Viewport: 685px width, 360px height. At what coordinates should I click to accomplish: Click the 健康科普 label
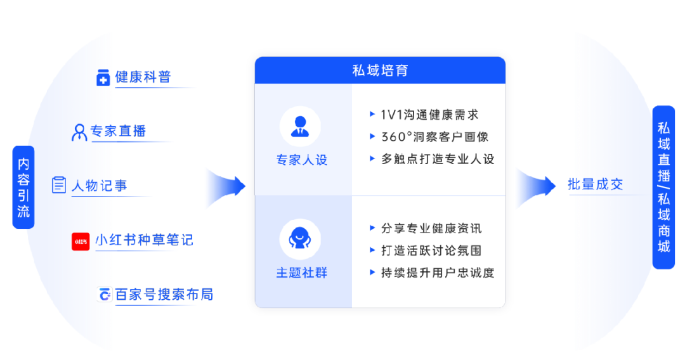coord(143,77)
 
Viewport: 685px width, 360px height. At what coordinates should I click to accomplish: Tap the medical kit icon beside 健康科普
coord(103,78)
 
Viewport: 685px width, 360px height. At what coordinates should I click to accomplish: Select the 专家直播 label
coord(118,131)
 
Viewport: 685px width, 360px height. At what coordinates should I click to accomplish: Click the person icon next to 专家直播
coord(79,132)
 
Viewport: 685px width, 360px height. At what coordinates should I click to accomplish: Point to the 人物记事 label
coord(99,186)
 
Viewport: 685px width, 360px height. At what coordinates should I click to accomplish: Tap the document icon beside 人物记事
coord(59,185)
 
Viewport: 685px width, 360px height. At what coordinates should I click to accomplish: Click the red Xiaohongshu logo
coord(81,241)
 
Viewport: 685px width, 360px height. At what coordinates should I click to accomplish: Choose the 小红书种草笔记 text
coord(144,240)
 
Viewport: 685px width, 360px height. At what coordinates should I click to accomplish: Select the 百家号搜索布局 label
coord(164,295)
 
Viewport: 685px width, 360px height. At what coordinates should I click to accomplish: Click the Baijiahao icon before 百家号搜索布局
coord(104,295)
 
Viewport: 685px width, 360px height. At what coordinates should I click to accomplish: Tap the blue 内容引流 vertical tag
coord(23,188)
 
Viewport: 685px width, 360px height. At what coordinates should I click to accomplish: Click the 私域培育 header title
coord(380,70)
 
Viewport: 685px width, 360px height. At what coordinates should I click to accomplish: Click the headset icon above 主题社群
coord(300,239)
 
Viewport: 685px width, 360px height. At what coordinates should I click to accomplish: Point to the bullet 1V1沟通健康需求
coord(429,115)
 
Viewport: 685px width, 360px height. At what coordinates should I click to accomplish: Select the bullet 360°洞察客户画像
coord(434,137)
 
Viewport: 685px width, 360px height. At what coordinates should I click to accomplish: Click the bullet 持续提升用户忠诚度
coord(438,273)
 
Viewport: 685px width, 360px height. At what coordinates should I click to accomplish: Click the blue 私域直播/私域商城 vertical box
coord(663,188)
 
